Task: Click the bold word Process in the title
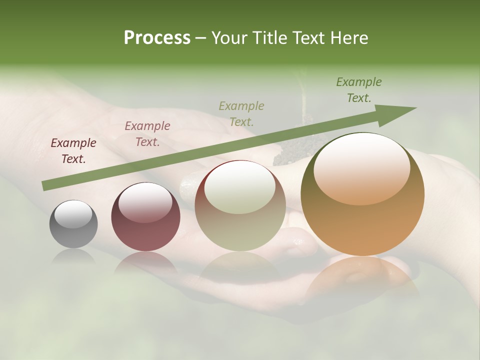coord(157,38)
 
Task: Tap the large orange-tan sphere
coord(362,220)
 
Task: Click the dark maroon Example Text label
coord(73,151)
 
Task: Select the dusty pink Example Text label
coord(147,134)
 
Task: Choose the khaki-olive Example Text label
coord(241,113)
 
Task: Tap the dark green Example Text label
coord(359,90)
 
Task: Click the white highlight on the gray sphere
coord(73,214)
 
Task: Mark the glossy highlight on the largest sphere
coord(361,167)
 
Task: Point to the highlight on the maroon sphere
coord(145,201)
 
